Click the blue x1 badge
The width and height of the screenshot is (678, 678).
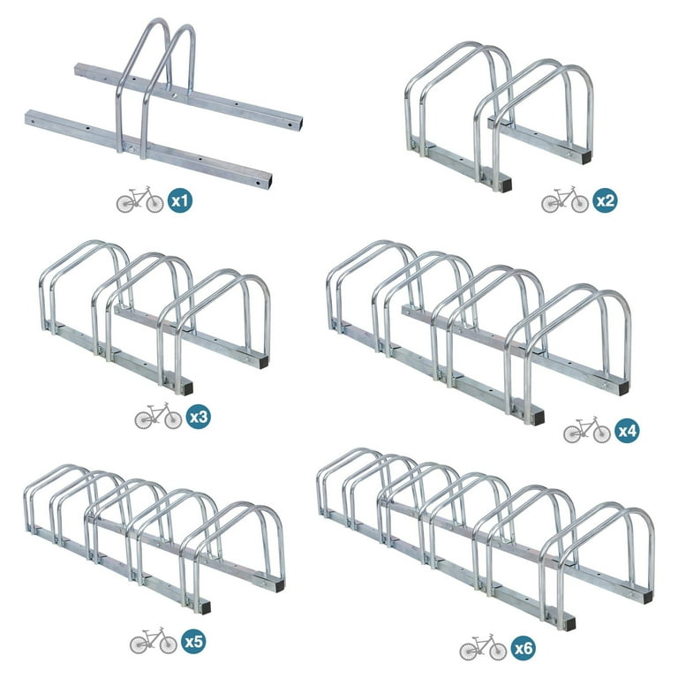point(180,200)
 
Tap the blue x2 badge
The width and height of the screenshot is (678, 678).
point(605,200)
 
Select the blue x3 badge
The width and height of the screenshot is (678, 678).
point(198,417)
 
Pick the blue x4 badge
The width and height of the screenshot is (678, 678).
point(627,431)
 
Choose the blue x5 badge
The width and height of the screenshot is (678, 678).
point(193,642)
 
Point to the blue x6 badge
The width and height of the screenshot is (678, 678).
point(523,648)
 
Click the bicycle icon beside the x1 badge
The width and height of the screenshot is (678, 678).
point(140,200)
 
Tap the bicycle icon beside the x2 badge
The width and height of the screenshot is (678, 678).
point(565,200)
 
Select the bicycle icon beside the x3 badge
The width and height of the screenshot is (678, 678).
point(158,416)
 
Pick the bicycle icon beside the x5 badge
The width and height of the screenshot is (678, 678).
point(154,640)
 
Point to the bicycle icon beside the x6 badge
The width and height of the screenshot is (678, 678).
point(483,647)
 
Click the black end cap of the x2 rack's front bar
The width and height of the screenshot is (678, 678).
point(505,185)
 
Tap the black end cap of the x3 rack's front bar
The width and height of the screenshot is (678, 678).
point(186,388)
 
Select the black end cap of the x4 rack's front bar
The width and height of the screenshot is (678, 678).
point(539,417)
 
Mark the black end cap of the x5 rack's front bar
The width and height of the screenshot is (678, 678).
point(206,607)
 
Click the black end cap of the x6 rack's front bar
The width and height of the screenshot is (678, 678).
point(570,623)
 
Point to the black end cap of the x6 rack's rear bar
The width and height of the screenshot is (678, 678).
point(647,598)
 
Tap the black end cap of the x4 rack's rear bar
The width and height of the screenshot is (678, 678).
point(623,388)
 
